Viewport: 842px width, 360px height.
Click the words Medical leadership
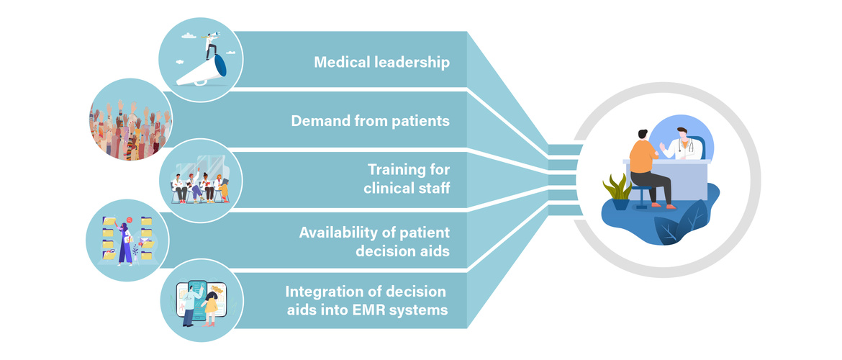click(x=381, y=63)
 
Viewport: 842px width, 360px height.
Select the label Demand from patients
click(x=370, y=120)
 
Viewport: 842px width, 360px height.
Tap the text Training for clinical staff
click(x=409, y=180)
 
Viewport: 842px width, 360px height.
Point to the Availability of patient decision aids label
click(x=374, y=242)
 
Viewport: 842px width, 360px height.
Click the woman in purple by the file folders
click(x=125, y=241)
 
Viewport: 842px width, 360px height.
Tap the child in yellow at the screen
click(x=211, y=306)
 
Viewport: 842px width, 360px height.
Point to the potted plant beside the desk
click(x=617, y=191)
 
